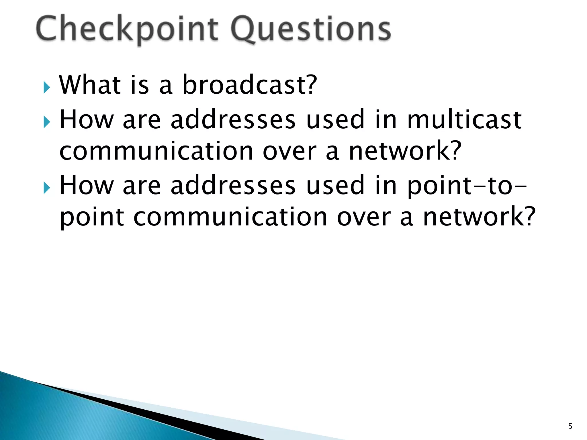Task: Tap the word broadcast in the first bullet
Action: [242, 85]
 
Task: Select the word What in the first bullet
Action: [90, 85]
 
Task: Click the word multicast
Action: [464, 120]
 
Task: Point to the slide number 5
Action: [570, 426]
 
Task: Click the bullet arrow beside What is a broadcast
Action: [47, 87]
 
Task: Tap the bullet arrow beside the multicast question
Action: [47, 122]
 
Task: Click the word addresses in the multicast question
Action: [233, 120]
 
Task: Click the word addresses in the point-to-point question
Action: [233, 186]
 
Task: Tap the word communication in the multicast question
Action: [156, 151]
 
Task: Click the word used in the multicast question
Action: [335, 120]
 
